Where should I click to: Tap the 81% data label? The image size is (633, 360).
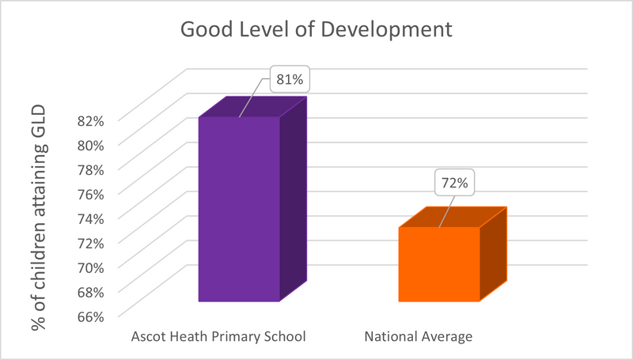coord(290,79)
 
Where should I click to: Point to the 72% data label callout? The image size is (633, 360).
coord(454,183)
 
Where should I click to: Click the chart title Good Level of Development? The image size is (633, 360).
coord(316,29)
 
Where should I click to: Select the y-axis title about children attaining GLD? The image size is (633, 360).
coord(39,218)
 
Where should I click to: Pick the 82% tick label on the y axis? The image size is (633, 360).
coord(91,121)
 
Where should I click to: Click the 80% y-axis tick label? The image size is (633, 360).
coord(91,146)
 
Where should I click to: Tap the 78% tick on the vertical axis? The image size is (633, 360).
coord(91,169)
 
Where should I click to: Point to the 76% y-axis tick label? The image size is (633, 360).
coord(91,194)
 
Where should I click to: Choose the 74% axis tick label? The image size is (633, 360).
coord(91,218)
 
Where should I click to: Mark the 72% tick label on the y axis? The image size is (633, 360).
coord(91,243)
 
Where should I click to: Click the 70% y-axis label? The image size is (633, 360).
coord(91,267)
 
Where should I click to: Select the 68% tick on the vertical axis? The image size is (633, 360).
coord(91,292)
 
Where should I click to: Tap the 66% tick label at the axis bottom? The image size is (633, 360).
coord(91,316)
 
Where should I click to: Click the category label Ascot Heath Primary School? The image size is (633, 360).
coord(218,336)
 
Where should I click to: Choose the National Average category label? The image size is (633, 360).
coord(419,336)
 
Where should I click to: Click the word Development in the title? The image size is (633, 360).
coord(386,30)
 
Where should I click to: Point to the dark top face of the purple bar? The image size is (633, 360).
coord(253,107)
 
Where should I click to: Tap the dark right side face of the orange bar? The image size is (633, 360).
coord(493,254)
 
